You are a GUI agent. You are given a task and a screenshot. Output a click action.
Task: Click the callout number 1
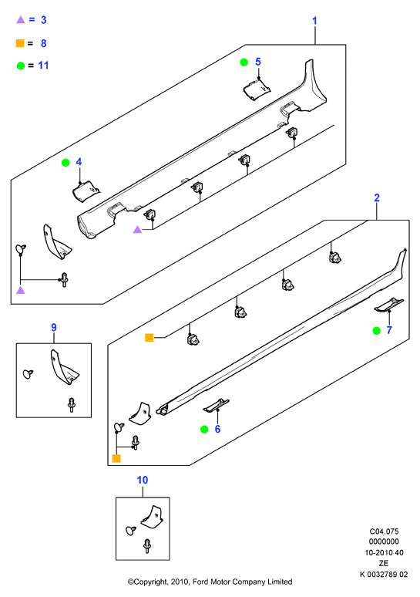pyautogui.click(x=314, y=21)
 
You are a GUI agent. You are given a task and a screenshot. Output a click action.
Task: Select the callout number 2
pyautogui.click(x=377, y=197)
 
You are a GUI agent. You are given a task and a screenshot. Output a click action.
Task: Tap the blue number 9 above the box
pyautogui.click(x=54, y=328)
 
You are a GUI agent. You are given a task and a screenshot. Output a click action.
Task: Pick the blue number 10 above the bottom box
pyautogui.click(x=143, y=480)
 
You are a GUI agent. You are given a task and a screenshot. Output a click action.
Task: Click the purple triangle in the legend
pyautogui.click(x=21, y=19)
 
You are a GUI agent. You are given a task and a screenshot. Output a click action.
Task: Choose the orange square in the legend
pyautogui.click(x=20, y=43)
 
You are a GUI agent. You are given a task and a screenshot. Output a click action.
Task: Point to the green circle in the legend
pyautogui.click(x=21, y=66)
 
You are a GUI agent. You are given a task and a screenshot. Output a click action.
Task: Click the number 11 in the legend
pyautogui.click(x=43, y=66)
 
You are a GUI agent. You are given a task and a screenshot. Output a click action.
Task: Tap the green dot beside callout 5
pyautogui.click(x=244, y=62)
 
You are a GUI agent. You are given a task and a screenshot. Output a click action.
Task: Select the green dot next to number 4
pyautogui.click(x=66, y=163)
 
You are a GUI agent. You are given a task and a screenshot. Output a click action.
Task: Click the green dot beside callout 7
pyautogui.click(x=376, y=330)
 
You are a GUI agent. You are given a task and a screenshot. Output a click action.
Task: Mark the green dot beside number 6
pyautogui.click(x=204, y=430)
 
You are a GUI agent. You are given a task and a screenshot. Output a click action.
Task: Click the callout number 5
pyautogui.click(x=258, y=62)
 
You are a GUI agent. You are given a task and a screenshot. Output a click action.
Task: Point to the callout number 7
pyautogui.click(x=389, y=330)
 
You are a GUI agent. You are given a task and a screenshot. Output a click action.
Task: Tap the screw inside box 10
pyautogui.click(x=147, y=545)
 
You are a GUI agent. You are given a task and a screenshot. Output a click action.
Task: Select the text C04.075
pyautogui.click(x=384, y=531)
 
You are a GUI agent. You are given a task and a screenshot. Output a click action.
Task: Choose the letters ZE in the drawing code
pyautogui.click(x=384, y=564)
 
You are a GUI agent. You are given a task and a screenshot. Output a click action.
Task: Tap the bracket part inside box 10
pyautogui.click(x=153, y=516)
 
